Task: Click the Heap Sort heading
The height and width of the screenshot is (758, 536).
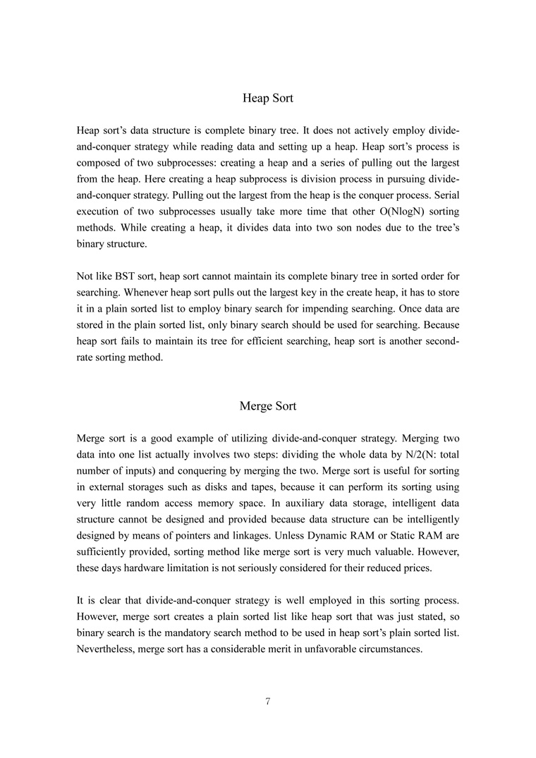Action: click(x=267, y=98)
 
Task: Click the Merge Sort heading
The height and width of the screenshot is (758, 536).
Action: click(x=267, y=406)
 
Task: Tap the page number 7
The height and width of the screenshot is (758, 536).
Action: click(x=268, y=701)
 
